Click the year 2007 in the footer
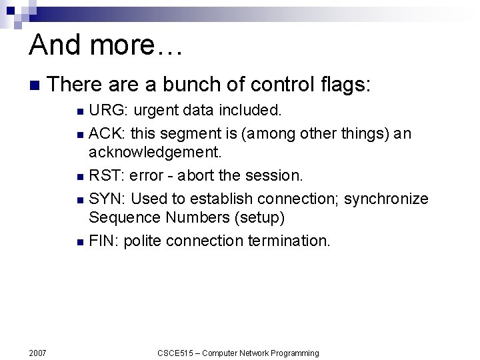pyautogui.click(x=38, y=353)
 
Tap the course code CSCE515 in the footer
pyautogui.click(x=175, y=353)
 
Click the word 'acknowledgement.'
pyautogui.click(x=155, y=152)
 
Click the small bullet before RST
pyautogui.click(x=80, y=177)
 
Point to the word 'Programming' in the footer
pyautogui.click(x=294, y=353)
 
